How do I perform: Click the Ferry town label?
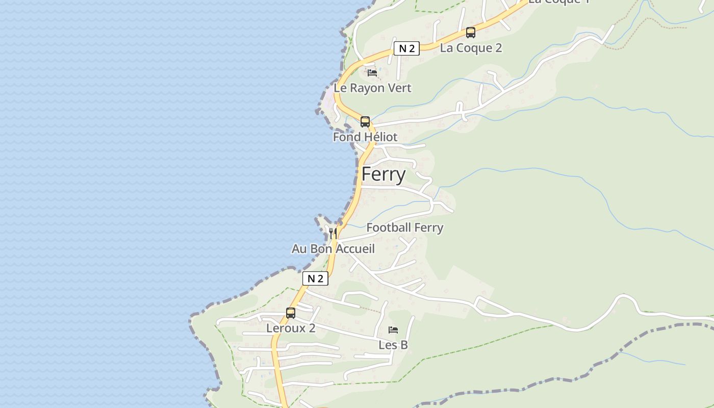pyautogui.click(x=384, y=174)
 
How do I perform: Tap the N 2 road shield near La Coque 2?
pyautogui.click(x=406, y=48)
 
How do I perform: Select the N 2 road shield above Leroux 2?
pyautogui.click(x=315, y=278)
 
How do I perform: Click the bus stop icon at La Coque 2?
pyautogui.click(x=470, y=33)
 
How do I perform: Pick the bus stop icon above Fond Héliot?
pyautogui.click(x=365, y=121)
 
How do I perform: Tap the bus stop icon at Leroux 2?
pyautogui.click(x=291, y=313)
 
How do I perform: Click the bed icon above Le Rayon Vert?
pyautogui.click(x=372, y=72)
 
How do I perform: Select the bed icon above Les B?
pyautogui.click(x=393, y=329)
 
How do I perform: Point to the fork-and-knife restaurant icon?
pyautogui.click(x=333, y=233)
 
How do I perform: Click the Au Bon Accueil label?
pyautogui.click(x=333, y=249)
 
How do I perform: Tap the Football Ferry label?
pyautogui.click(x=405, y=227)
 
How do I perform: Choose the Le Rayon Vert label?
pyautogui.click(x=372, y=88)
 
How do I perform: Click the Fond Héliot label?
pyautogui.click(x=365, y=137)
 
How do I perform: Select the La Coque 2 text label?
pyautogui.click(x=471, y=48)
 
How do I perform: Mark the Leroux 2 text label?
pyautogui.click(x=291, y=328)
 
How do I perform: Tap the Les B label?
pyautogui.click(x=393, y=345)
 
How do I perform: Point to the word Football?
pyautogui.click(x=388, y=227)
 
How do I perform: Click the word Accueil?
pyautogui.click(x=356, y=249)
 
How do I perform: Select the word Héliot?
pyautogui.click(x=379, y=137)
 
